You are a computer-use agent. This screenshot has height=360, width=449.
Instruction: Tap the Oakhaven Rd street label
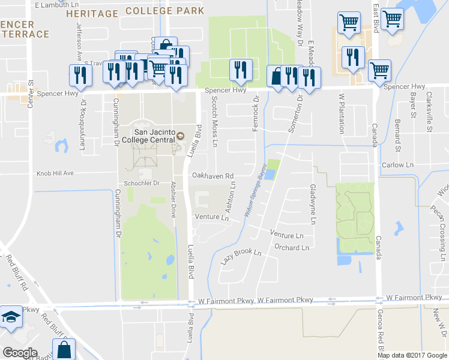212,176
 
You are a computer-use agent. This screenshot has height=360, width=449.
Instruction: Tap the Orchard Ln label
291,247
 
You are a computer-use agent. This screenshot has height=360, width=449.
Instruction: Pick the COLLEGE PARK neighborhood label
166,11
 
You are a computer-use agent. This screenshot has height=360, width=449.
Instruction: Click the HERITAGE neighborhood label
92,13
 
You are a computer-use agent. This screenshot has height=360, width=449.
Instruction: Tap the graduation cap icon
10,317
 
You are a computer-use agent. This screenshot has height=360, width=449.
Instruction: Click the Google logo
20,352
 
